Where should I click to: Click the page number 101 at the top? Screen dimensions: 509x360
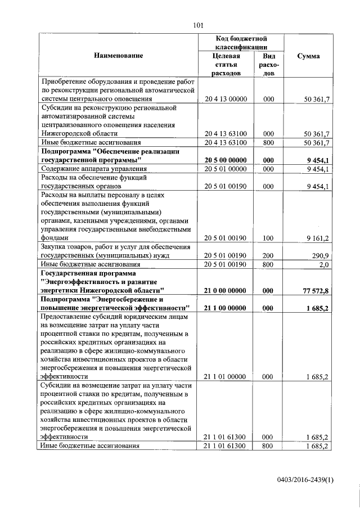pyautogui.click(x=197, y=25)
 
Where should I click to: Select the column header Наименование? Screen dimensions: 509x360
pyautogui.click(x=119, y=56)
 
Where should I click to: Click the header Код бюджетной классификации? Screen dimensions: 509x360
pyautogui.click(x=241, y=43)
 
